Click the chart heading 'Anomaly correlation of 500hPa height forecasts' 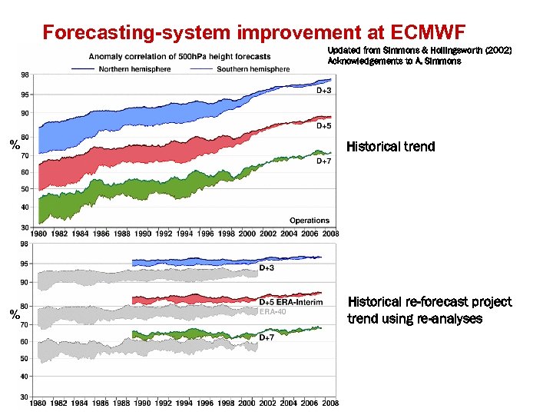click(180, 56)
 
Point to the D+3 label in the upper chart click(324, 90)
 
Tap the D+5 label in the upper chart click(324, 125)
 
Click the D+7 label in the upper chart click(324, 161)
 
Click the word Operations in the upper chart click(310, 221)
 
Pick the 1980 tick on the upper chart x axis click(40, 234)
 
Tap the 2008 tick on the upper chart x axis click(329, 234)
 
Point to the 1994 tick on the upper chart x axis click(184, 234)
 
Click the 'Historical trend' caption click(390, 146)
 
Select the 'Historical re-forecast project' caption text click(429, 302)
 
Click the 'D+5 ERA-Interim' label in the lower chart click(295, 301)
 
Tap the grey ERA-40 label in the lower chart click(273, 311)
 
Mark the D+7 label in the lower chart click(267, 337)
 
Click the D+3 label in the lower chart click(267, 268)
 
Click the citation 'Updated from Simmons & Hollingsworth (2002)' click(419, 50)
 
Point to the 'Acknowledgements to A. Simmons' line click(394, 61)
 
